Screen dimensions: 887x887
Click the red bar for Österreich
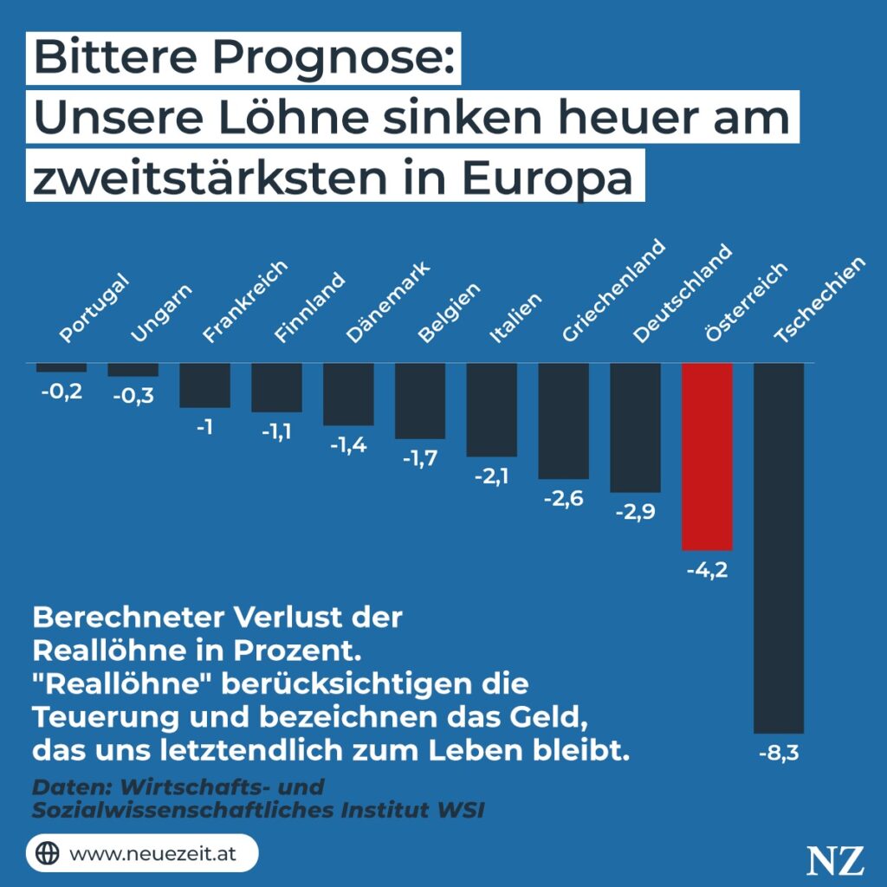tap(707, 456)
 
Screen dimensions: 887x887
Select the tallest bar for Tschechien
tap(779, 548)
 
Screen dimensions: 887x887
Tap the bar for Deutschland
tap(635, 427)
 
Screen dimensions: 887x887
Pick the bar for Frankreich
tap(204, 385)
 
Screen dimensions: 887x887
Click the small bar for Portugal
tap(61, 367)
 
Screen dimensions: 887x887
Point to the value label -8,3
tap(779, 753)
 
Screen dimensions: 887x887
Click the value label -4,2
tap(707, 570)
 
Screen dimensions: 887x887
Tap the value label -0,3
tap(133, 395)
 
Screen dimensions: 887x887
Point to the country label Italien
tap(516, 318)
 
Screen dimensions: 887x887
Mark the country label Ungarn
tap(161, 314)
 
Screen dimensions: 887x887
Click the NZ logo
tap(835, 860)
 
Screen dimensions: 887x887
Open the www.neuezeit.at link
tap(152, 853)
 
